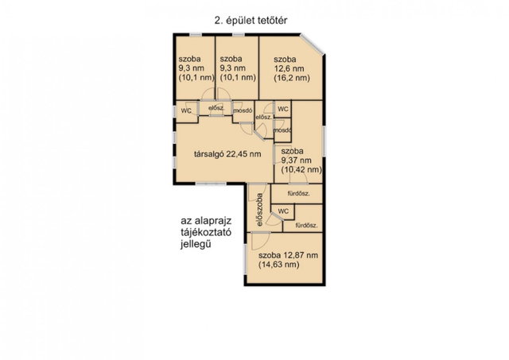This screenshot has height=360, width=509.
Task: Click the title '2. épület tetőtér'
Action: click(x=251, y=21)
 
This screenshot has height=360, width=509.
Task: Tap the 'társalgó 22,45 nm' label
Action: click(x=227, y=153)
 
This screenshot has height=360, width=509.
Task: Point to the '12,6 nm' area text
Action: click(x=289, y=68)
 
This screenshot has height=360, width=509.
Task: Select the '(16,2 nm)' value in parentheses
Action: click(x=292, y=78)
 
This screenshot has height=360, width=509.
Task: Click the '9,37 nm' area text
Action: click(x=297, y=161)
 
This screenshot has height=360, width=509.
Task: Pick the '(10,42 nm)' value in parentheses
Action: click(x=301, y=169)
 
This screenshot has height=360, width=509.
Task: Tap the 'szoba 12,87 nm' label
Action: click(x=288, y=255)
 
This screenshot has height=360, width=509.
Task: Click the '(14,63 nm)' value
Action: click(x=279, y=265)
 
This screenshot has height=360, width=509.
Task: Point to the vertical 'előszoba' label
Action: click(x=259, y=210)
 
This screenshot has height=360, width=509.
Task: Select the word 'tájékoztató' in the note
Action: click(x=206, y=233)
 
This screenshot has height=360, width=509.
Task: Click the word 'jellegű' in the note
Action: click(x=196, y=244)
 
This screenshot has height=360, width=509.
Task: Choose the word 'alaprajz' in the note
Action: click(x=213, y=221)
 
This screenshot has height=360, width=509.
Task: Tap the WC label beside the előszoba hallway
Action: click(x=283, y=211)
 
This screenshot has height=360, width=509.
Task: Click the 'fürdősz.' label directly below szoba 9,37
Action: click(x=299, y=194)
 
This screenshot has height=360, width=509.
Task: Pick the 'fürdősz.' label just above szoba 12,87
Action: click(x=306, y=226)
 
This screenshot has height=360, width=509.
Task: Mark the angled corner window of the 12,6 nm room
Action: click(x=313, y=45)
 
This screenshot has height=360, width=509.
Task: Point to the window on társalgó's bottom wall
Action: click(x=210, y=184)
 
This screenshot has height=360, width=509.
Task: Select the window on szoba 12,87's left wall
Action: click(x=246, y=258)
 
